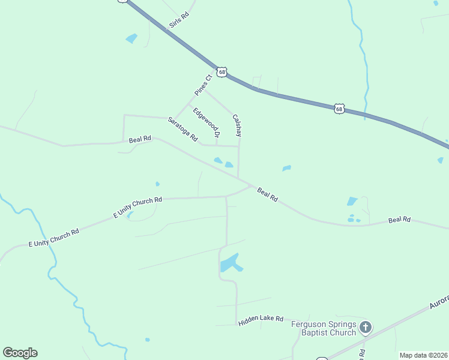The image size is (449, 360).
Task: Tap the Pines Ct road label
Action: tap(203, 85)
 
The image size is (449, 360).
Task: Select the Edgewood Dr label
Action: tap(206, 121)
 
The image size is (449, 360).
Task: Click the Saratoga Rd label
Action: tap(183, 129)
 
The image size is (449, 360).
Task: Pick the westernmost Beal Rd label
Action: tap(140, 139)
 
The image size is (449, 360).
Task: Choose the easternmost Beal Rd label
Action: tap(399, 220)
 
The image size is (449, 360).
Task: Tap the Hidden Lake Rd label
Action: tap(261, 320)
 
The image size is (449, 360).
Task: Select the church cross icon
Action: tap(366, 328)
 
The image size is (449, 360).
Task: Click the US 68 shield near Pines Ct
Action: tap(223, 72)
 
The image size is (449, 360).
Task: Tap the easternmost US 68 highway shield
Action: tap(340, 109)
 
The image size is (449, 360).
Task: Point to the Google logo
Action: tap(20, 353)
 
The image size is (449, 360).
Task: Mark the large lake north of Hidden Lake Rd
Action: tap(230, 263)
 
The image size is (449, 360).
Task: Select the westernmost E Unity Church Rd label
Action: tap(54, 238)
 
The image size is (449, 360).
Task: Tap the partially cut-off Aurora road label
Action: tap(439, 302)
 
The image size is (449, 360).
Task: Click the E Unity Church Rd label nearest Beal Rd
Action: tap(138, 208)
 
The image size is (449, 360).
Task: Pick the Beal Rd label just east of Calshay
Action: tap(268, 194)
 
